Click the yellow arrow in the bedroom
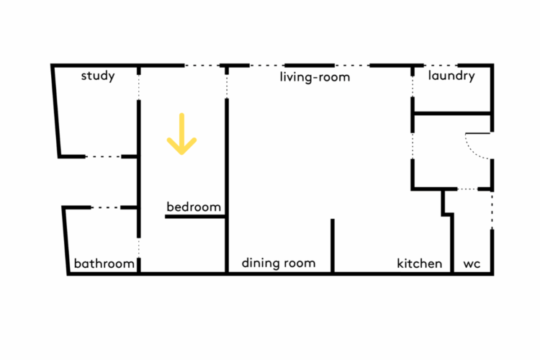(x=182, y=135)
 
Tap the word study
(x=98, y=76)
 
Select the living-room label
(x=315, y=77)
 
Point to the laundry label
(x=451, y=76)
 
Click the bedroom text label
(x=194, y=207)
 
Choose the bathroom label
(x=104, y=264)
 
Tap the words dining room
(x=279, y=264)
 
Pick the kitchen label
(x=420, y=264)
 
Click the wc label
(x=472, y=264)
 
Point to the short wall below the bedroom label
(x=195, y=217)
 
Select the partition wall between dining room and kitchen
(x=333, y=246)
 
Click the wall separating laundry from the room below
(x=452, y=113)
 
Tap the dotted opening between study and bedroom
(x=139, y=88)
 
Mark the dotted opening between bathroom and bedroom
(x=139, y=248)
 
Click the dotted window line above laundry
(x=441, y=65)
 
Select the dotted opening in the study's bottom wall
(x=103, y=157)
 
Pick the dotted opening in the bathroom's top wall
(x=106, y=207)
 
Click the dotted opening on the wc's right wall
(x=492, y=211)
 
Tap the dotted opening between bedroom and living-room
(x=227, y=86)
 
